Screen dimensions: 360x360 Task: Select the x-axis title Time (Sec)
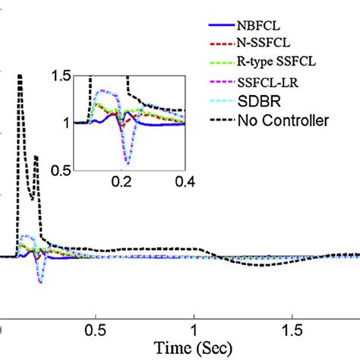[x=194, y=349]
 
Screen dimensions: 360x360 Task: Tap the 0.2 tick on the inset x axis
[x=122, y=182]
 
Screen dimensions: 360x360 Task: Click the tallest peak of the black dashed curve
[x=21, y=75]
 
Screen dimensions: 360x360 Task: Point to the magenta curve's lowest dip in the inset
[x=128, y=163]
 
